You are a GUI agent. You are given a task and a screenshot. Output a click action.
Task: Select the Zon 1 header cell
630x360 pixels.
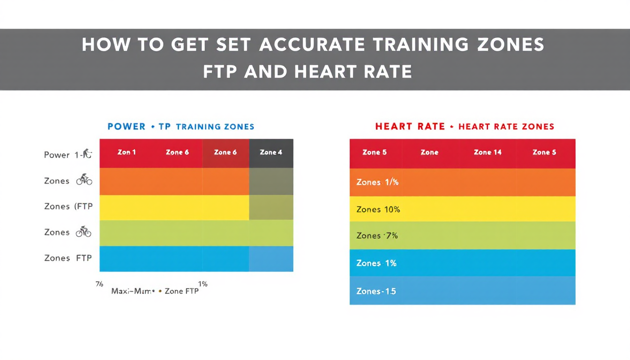point(127,152)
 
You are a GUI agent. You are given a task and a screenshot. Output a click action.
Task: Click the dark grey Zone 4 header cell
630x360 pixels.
point(271,152)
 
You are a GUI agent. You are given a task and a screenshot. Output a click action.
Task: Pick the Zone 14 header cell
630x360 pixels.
point(487,152)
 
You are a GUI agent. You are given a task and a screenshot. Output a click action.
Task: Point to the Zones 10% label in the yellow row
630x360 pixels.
point(378,210)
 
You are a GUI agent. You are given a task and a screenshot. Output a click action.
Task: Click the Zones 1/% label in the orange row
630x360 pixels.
point(377,182)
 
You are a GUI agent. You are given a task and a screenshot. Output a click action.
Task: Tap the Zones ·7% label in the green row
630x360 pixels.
point(377,236)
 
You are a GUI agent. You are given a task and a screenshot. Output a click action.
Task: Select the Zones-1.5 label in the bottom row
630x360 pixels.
point(376,291)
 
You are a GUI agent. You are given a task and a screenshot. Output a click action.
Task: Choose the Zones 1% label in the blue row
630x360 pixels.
point(376,263)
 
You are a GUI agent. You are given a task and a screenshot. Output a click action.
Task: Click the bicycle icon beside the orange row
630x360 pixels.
point(84,180)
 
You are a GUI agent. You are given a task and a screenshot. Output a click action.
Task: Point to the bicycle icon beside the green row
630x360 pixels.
point(84,232)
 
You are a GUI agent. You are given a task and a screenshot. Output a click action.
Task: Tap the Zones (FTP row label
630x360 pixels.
point(68,206)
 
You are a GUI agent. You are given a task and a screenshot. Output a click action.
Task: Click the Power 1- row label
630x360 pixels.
point(63,155)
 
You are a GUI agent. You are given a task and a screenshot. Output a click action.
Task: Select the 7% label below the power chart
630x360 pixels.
point(99,284)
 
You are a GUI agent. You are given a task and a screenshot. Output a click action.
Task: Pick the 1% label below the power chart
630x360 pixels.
point(202,284)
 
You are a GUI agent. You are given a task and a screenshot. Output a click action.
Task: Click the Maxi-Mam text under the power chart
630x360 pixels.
point(133,291)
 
